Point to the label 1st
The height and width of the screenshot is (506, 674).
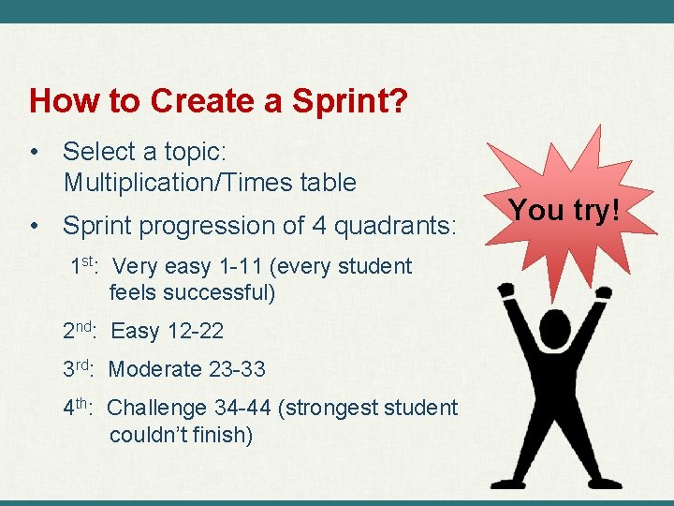(x=85, y=266)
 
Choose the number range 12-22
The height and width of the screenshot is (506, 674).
(x=196, y=331)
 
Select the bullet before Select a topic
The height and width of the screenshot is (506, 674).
(x=34, y=151)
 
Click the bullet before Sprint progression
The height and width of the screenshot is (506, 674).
(x=34, y=226)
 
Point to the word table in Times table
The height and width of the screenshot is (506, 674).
(x=328, y=182)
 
